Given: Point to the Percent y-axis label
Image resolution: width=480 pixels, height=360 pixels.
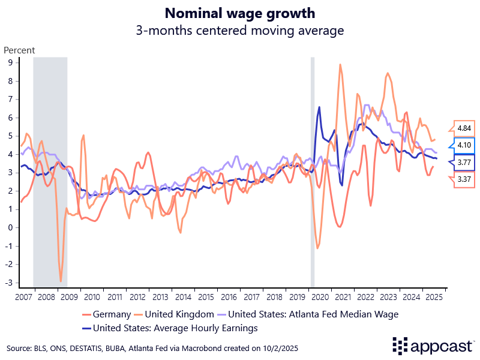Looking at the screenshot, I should click(x=20, y=50).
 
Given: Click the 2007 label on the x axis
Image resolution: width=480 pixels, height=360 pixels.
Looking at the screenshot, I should click(x=23, y=298).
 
